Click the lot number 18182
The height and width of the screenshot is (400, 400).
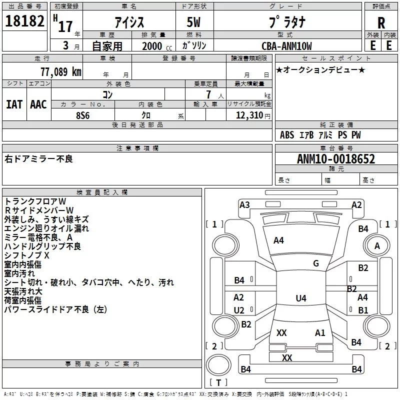pos(24,21)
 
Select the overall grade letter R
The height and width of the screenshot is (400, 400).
pos(381,22)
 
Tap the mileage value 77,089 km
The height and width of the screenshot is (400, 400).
pos(61,71)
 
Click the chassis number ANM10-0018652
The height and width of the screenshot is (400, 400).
pos(336,159)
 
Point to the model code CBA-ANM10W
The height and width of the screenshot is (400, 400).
pos(286,46)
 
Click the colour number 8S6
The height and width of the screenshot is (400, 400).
pos(83,115)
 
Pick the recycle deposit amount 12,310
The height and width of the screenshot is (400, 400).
pos(249,115)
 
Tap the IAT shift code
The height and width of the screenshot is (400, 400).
pos(14,104)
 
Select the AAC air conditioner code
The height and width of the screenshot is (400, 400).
pos(38,104)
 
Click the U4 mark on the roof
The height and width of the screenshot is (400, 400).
pos(301,298)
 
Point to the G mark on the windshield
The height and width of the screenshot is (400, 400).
pos(316,263)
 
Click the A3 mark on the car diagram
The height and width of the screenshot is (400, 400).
pos(244,204)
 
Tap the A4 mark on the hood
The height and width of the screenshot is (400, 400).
pos(278,240)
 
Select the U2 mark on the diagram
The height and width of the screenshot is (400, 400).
pos(239,310)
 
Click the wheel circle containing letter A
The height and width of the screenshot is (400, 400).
pos(377,234)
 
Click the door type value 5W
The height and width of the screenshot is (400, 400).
pos(193,22)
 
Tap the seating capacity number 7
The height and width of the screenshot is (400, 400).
pos(208,94)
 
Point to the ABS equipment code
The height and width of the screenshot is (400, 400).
pos(287,134)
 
